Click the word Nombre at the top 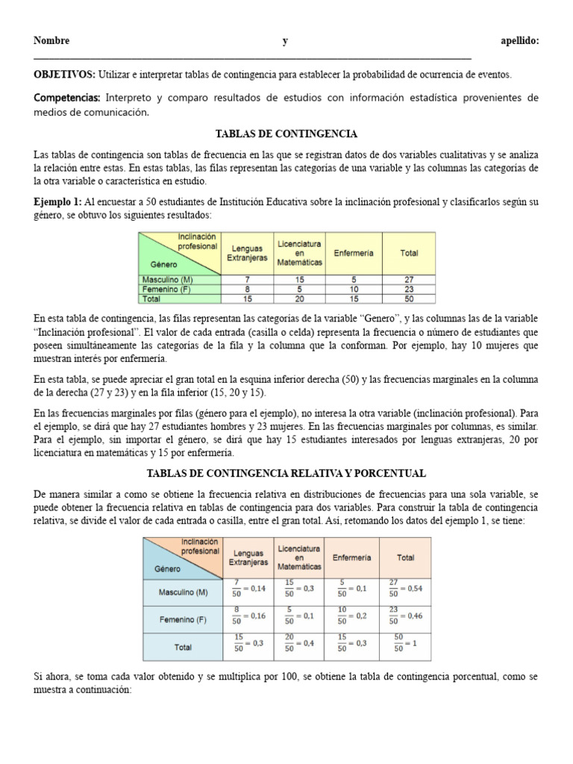click(51, 42)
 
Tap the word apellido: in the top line click(519, 42)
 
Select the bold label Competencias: click(67, 98)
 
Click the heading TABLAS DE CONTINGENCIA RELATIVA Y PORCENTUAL click(286, 474)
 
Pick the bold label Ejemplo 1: click(58, 201)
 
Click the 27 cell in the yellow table click(408, 279)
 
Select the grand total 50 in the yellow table click(408, 298)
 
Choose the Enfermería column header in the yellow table click(353, 253)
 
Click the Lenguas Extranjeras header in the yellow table click(246, 253)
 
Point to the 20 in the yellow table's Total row click(299, 298)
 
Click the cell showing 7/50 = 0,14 click(246, 589)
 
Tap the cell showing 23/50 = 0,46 click(404, 616)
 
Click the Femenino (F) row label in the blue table click(183, 619)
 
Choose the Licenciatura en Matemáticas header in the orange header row click(299, 557)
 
